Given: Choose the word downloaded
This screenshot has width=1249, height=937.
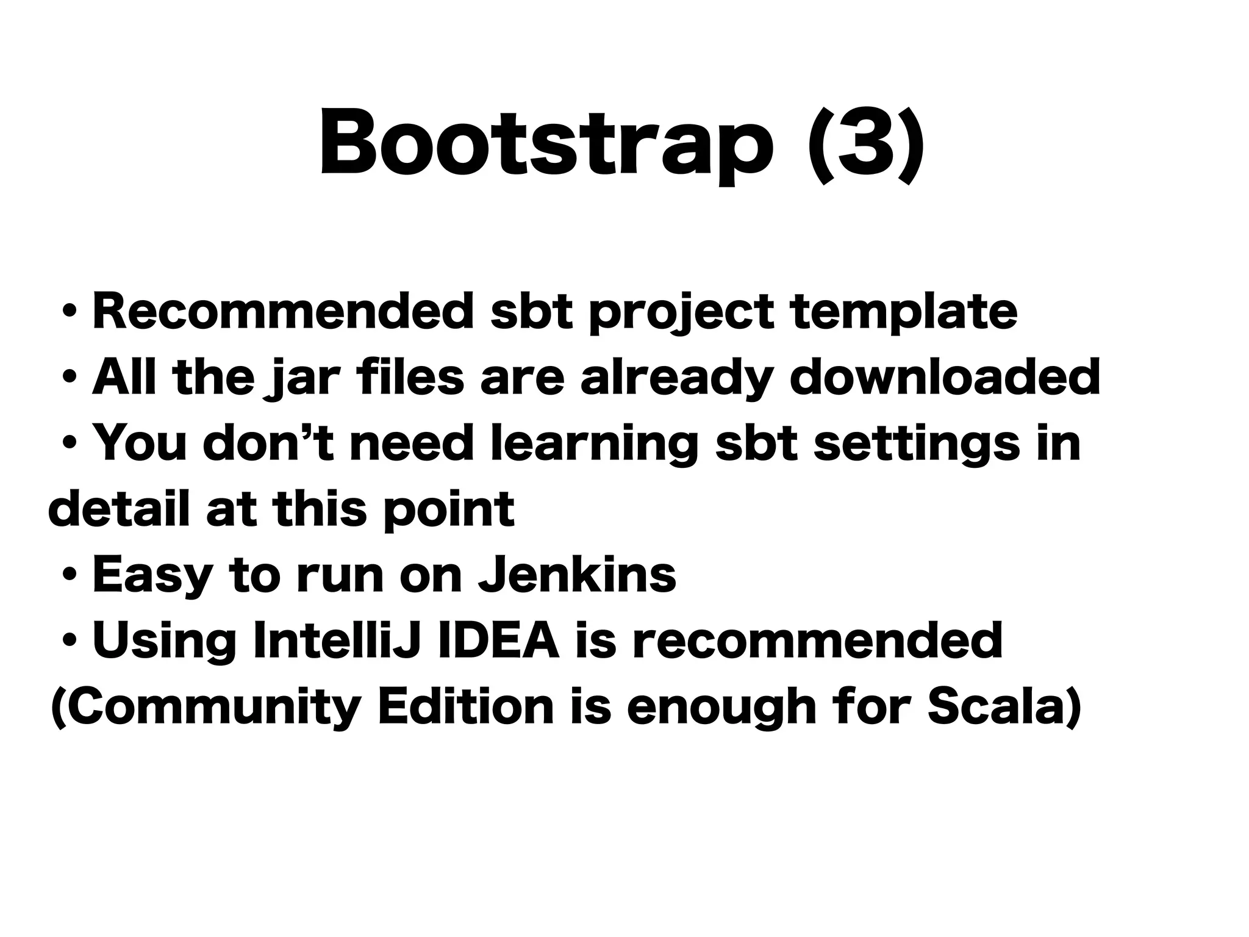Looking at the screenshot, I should pyautogui.click(x=945, y=378).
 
